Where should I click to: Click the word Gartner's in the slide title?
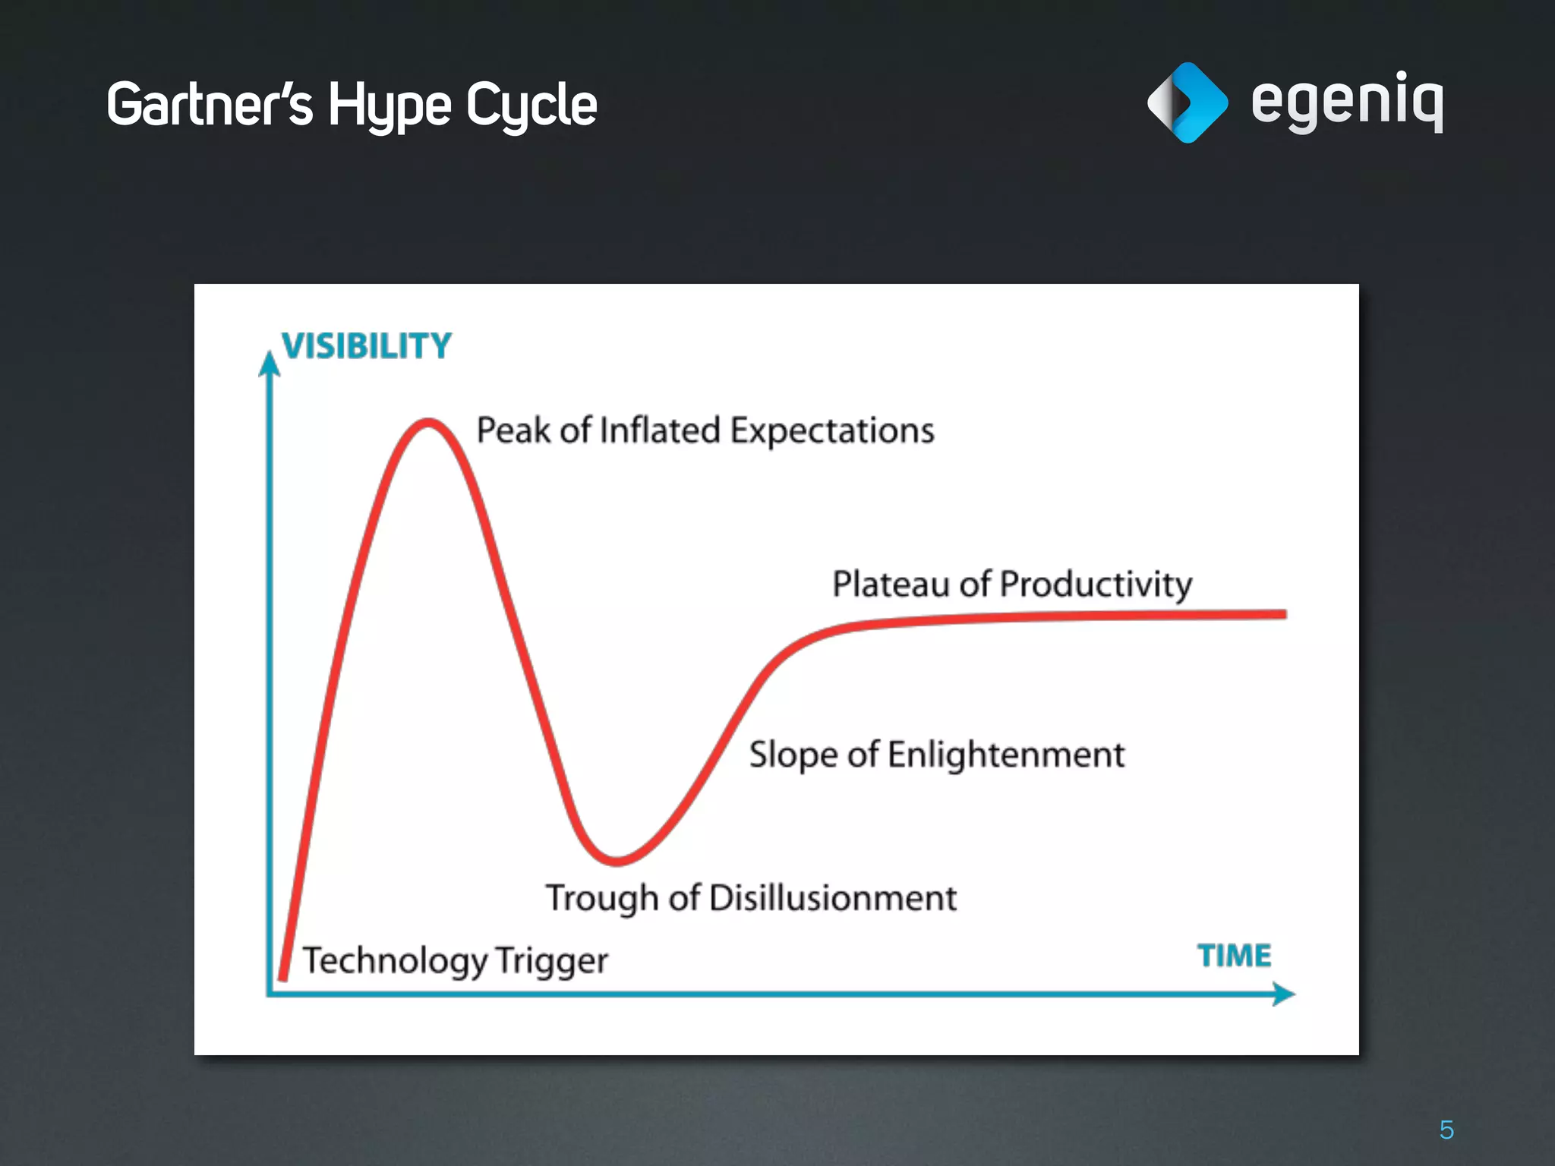[x=209, y=104]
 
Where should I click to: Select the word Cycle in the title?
[x=531, y=105]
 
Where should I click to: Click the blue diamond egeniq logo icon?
[x=1188, y=102]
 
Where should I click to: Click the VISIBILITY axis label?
[x=367, y=346]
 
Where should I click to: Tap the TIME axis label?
[x=1235, y=956]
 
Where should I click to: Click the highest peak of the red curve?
[x=428, y=421]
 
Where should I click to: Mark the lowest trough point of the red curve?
[x=617, y=861]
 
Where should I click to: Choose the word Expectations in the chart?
[x=832, y=430]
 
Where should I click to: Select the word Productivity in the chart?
[x=1096, y=584]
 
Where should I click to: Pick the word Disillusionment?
[x=833, y=898]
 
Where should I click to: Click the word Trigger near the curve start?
[x=552, y=960]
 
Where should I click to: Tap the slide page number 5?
[x=1446, y=1130]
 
